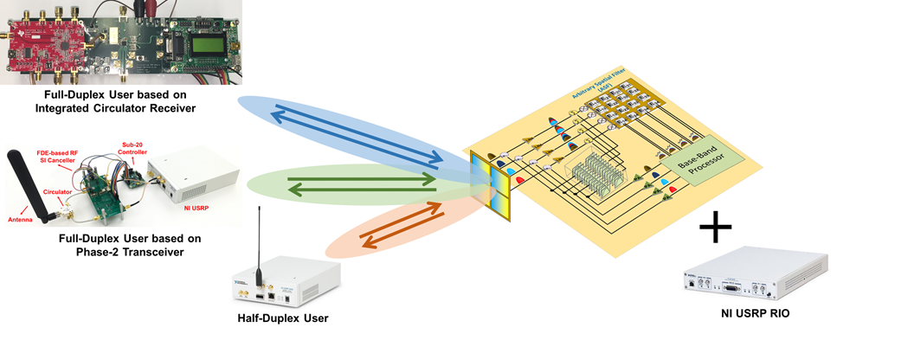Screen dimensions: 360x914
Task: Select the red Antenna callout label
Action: pos(21,220)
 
